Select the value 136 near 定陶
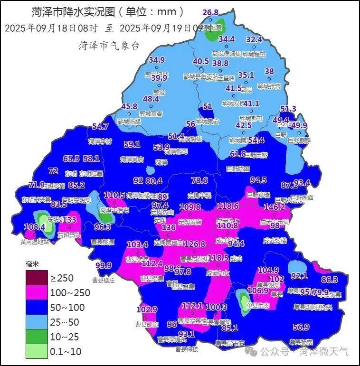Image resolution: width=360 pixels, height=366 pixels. (169, 227)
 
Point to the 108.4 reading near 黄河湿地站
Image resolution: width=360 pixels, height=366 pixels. (34, 227)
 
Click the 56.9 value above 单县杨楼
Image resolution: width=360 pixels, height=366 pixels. (301, 327)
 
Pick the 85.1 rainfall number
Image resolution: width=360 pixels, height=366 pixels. (230, 328)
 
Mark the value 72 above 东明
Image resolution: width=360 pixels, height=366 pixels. (53, 171)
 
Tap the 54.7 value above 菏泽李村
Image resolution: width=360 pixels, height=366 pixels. (100, 126)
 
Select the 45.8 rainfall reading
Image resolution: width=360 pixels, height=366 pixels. (129, 107)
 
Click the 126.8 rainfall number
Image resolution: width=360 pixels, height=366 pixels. (195, 244)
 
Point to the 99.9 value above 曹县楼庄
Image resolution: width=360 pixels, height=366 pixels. (104, 265)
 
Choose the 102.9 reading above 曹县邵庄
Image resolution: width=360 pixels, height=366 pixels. (147, 310)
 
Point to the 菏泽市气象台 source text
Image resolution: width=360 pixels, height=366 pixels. (109, 46)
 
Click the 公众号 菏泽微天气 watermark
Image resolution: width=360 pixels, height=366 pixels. (304, 352)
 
